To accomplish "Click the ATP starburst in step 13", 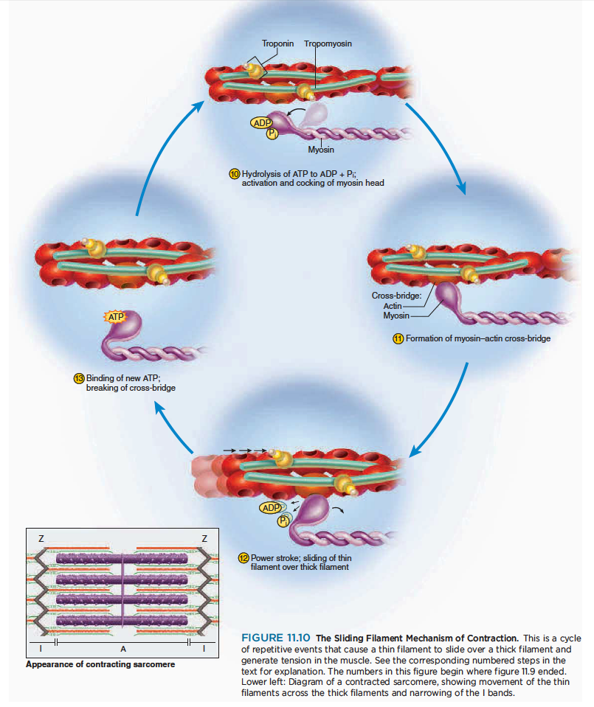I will pyautogui.click(x=115, y=317).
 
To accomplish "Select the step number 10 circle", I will pyautogui.click(x=235, y=173).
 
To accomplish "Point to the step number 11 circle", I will pyautogui.click(x=398, y=339).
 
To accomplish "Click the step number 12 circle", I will pyautogui.click(x=244, y=557).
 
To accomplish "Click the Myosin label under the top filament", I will pyautogui.click(x=320, y=150).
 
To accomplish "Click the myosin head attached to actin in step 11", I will pyautogui.click(x=446, y=297).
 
